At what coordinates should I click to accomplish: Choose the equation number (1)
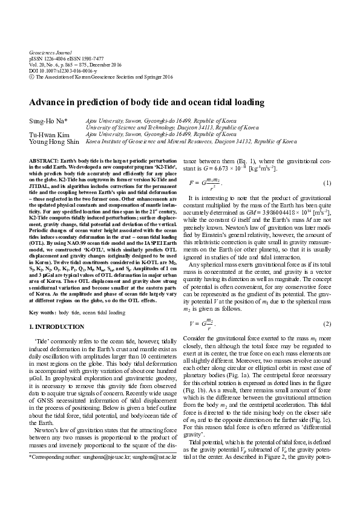click(x=327, y=183)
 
